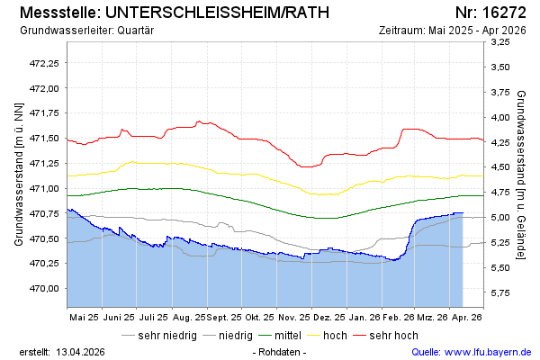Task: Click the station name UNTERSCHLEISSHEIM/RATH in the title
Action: (217, 13)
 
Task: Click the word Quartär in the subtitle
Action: (137, 30)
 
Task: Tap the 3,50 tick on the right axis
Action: (500, 67)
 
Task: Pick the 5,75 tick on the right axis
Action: (500, 292)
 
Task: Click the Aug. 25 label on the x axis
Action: (187, 318)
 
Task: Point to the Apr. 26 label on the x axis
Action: (466, 318)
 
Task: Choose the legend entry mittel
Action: (287, 335)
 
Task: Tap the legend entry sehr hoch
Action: (392, 335)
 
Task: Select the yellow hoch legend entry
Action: (335, 335)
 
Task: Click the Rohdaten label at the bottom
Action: (280, 351)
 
